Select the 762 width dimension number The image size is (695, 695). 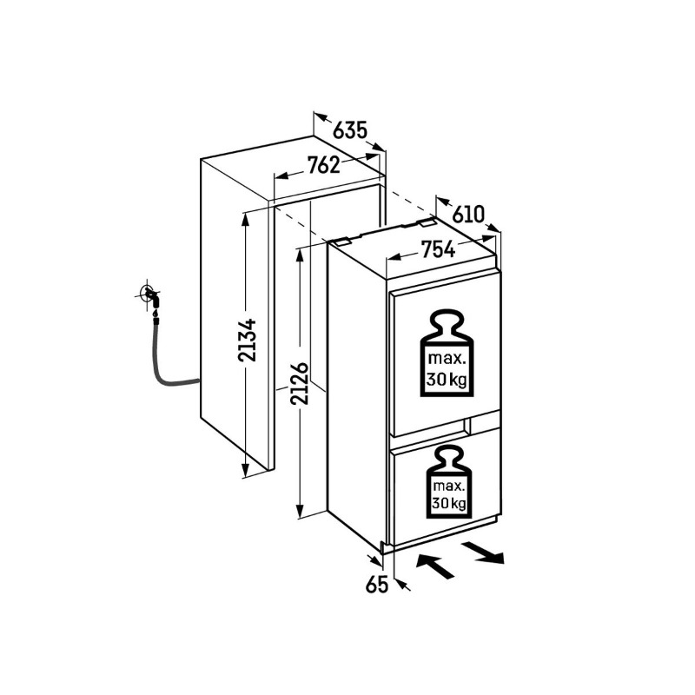322,165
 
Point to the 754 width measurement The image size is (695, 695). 438,250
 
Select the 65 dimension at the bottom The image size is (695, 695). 375,585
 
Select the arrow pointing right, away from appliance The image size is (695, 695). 482,553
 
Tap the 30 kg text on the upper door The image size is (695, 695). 447,380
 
